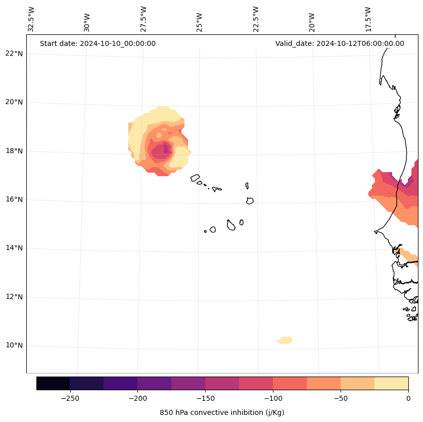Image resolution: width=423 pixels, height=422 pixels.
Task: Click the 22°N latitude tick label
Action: (x=14, y=54)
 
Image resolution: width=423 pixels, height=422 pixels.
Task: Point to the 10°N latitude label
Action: (x=14, y=345)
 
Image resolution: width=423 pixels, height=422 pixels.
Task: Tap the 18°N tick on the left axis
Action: (x=14, y=151)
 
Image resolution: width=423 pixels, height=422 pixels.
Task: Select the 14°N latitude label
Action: (x=14, y=248)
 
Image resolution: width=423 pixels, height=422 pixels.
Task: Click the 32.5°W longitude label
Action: (x=31, y=19)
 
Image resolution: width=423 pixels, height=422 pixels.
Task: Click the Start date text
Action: (x=98, y=43)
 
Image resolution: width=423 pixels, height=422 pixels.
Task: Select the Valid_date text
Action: (x=340, y=43)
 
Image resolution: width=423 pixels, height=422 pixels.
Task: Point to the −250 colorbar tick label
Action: (x=70, y=398)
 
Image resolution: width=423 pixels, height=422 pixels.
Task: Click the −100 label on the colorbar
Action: (x=272, y=398)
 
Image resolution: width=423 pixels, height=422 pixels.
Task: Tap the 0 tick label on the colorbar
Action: (x=408, y=398)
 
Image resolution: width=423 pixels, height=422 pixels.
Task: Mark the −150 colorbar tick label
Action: (x=205, y=398)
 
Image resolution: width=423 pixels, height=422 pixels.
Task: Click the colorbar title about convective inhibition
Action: (x=222, y=412)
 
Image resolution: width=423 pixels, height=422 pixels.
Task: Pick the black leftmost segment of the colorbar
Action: (x=53, y=383)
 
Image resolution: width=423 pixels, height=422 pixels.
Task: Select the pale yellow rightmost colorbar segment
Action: (x=391, y=383)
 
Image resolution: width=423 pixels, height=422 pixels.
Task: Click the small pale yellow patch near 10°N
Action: (x=286, y=340)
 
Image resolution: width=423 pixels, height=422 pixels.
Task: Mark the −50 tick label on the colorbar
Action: (x=340, y=398)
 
